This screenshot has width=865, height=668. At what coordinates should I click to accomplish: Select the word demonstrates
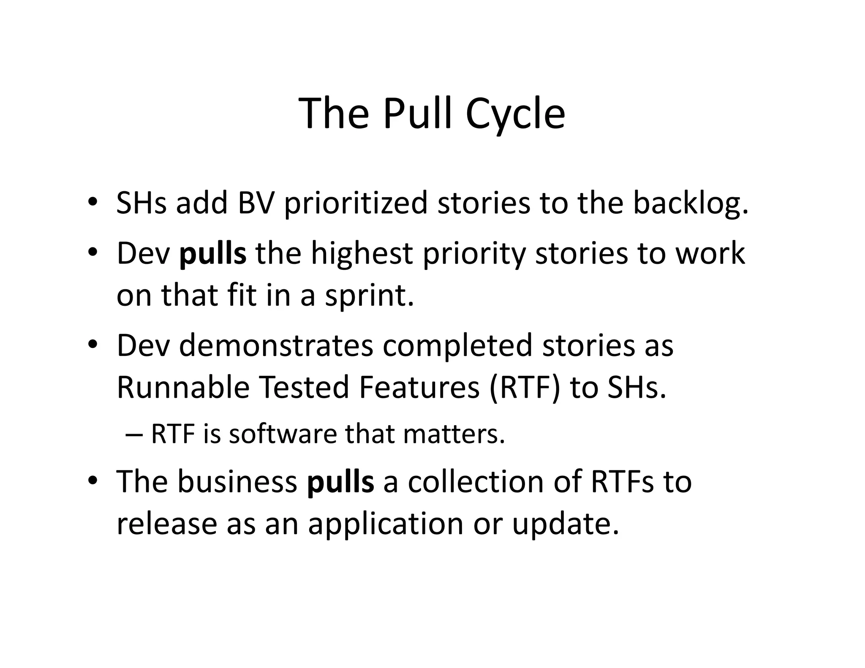(276, 345)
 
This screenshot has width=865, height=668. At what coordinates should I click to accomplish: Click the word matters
(454, 434)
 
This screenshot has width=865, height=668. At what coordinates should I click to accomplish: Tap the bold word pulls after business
(340, 482)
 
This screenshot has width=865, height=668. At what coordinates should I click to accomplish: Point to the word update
(566, 525)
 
